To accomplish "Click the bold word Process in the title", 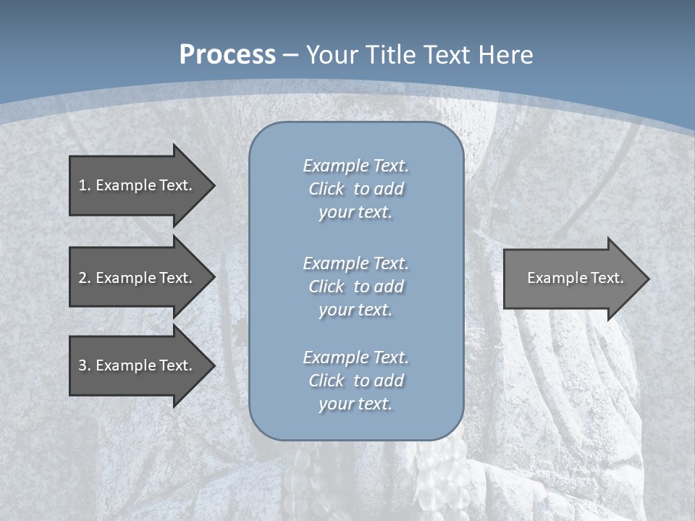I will pos(227,54).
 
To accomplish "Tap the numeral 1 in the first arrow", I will pos(83,185).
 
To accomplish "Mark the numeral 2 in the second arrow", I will pos(83,278).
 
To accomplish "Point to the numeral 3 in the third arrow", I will pos(83,365).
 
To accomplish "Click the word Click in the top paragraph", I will pos(327,189).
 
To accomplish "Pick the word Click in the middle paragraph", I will pos(327,287).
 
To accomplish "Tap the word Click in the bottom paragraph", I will pos(327,381).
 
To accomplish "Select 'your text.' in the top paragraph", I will pos(355,212).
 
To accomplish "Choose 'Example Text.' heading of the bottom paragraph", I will pos(355,357).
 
